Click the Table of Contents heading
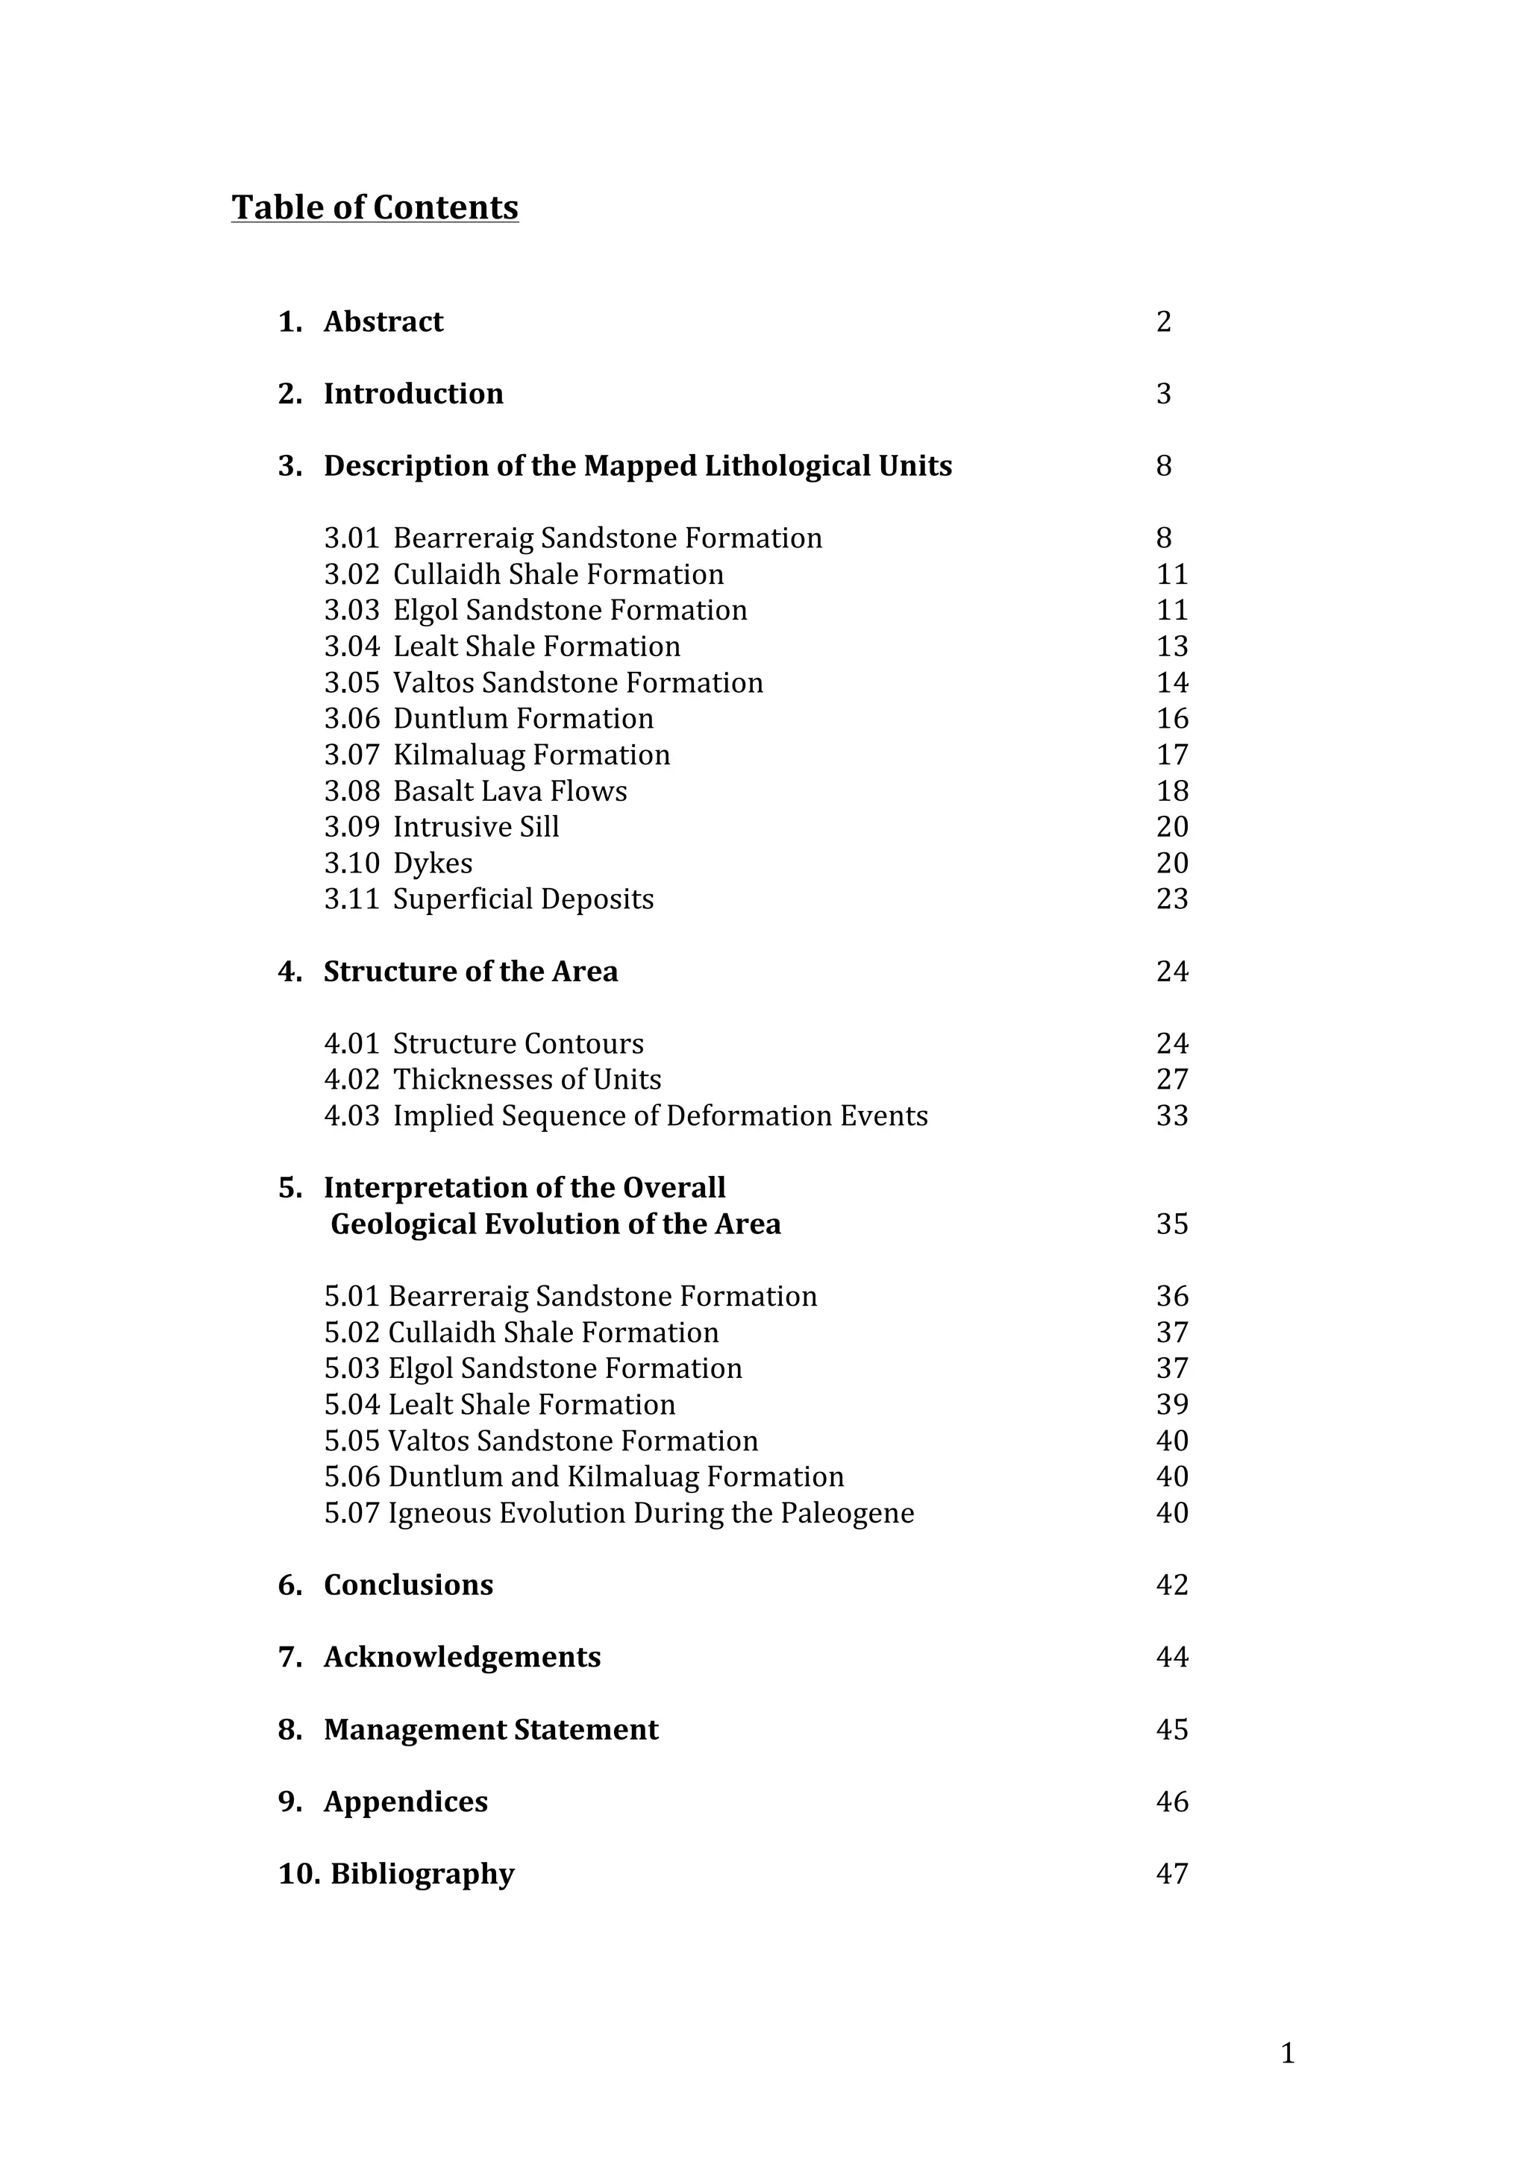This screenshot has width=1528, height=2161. (x=375, y=207)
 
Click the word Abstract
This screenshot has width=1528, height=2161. (x=383, y=322)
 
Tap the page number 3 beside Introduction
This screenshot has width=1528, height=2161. (x=1164, y=394)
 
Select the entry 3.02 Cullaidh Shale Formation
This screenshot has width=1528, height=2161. (x=525, y=574)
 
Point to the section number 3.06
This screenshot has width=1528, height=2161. (x=351, y=719)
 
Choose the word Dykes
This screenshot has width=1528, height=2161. (x=433, y=863)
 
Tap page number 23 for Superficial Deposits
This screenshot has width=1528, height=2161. (x=1172, y=899)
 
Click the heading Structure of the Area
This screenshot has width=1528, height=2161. (x=471, y=972)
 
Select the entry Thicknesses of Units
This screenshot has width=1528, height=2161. (x=527, y=1080)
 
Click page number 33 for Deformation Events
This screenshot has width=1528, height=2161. (x=1172, y=1116)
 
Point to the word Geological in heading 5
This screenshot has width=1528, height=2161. (x=404, y=1224)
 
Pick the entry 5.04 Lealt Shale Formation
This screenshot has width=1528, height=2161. (x=500, y=1405)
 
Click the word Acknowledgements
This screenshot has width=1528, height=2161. (x=463, y=1658)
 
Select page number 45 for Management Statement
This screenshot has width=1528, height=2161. (x=1172, y=1730)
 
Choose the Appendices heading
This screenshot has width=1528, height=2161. (x=406, y=1802)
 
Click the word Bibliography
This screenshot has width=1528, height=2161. (x=422, y=1874)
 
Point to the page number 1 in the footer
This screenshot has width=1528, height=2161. (x=1288, y=2054)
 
